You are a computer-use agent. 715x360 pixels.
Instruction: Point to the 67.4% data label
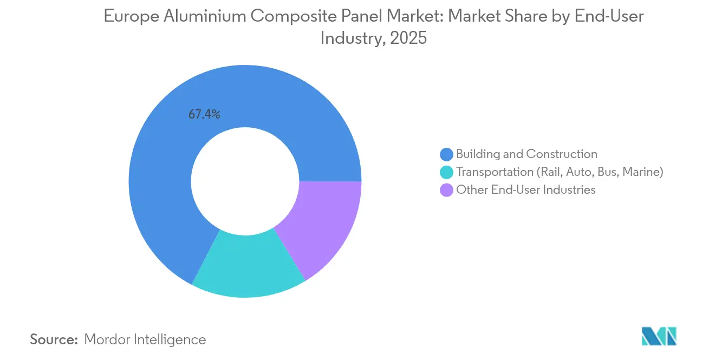click(204, 114)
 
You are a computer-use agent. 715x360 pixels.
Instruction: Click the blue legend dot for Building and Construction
click(447, 154)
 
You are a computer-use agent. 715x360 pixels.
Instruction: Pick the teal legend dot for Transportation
click(447, 172)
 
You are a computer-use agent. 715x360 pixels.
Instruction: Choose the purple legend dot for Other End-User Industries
click(447, 190)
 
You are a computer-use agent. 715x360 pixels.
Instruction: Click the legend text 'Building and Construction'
click(526, 154)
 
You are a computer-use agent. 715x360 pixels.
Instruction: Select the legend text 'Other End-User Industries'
click(525, 190)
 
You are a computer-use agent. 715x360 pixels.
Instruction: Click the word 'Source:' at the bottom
click(54, 339)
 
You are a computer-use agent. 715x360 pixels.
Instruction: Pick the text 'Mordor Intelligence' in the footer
click(145, 339)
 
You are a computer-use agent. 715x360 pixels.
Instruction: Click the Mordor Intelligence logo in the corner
click(659, 336)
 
